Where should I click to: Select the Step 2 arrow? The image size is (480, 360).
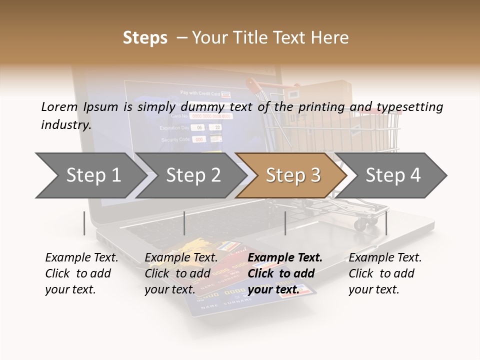pos(193,175)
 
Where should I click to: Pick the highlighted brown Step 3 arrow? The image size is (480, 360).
pos(293,175)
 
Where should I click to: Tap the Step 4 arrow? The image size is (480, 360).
pos(393,175)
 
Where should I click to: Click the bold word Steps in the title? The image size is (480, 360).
pos(145,37)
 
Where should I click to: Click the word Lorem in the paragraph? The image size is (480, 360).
pos(59,107)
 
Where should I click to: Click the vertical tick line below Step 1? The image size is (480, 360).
pos(84,223)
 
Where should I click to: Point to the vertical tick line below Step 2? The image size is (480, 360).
pos(184,223)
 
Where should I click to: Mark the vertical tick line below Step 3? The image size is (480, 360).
pos(285,223)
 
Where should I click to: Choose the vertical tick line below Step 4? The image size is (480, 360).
pos(386,223)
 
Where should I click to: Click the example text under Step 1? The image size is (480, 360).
pos(81,273)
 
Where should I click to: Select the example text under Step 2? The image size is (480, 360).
pos(181,273)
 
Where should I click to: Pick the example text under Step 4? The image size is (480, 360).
pos(385,273)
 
